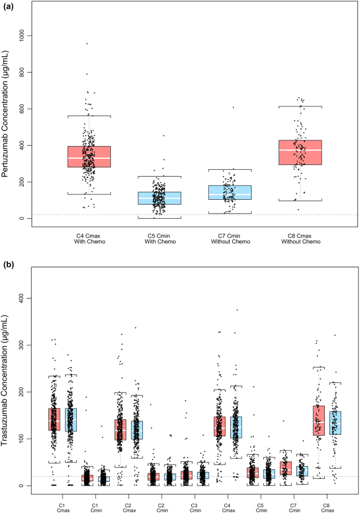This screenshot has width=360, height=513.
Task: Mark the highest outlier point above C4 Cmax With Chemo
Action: click(87, 44)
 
